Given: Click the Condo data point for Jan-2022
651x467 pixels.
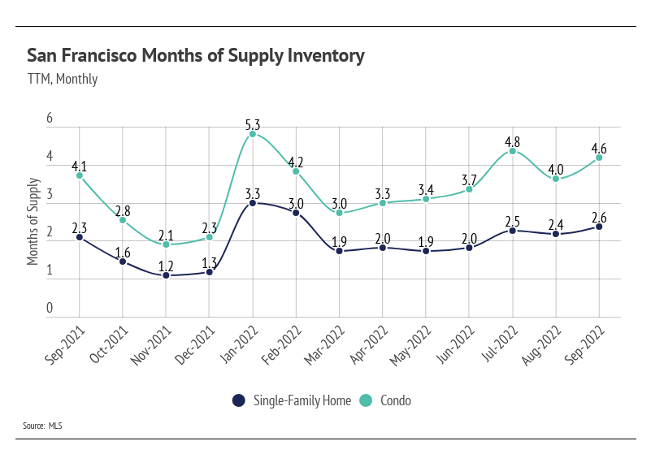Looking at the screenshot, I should point(253,134).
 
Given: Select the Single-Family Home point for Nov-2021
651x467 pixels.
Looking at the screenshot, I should point(166,275).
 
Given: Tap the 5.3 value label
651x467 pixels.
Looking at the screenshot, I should point(253,125).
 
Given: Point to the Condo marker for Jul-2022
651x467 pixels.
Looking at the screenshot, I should point(513,151).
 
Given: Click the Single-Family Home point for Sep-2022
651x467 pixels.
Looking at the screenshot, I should point(599,227).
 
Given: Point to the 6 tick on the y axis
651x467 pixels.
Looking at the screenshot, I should point(50,119).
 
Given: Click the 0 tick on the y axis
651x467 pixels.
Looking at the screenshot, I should point(50,309).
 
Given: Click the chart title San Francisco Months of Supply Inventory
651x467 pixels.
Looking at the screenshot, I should point(195,55).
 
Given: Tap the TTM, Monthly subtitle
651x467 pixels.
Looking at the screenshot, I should point(62,79).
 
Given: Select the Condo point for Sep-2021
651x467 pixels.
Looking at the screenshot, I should point(79,175).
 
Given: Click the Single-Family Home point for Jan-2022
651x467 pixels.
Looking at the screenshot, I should point(253,203).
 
